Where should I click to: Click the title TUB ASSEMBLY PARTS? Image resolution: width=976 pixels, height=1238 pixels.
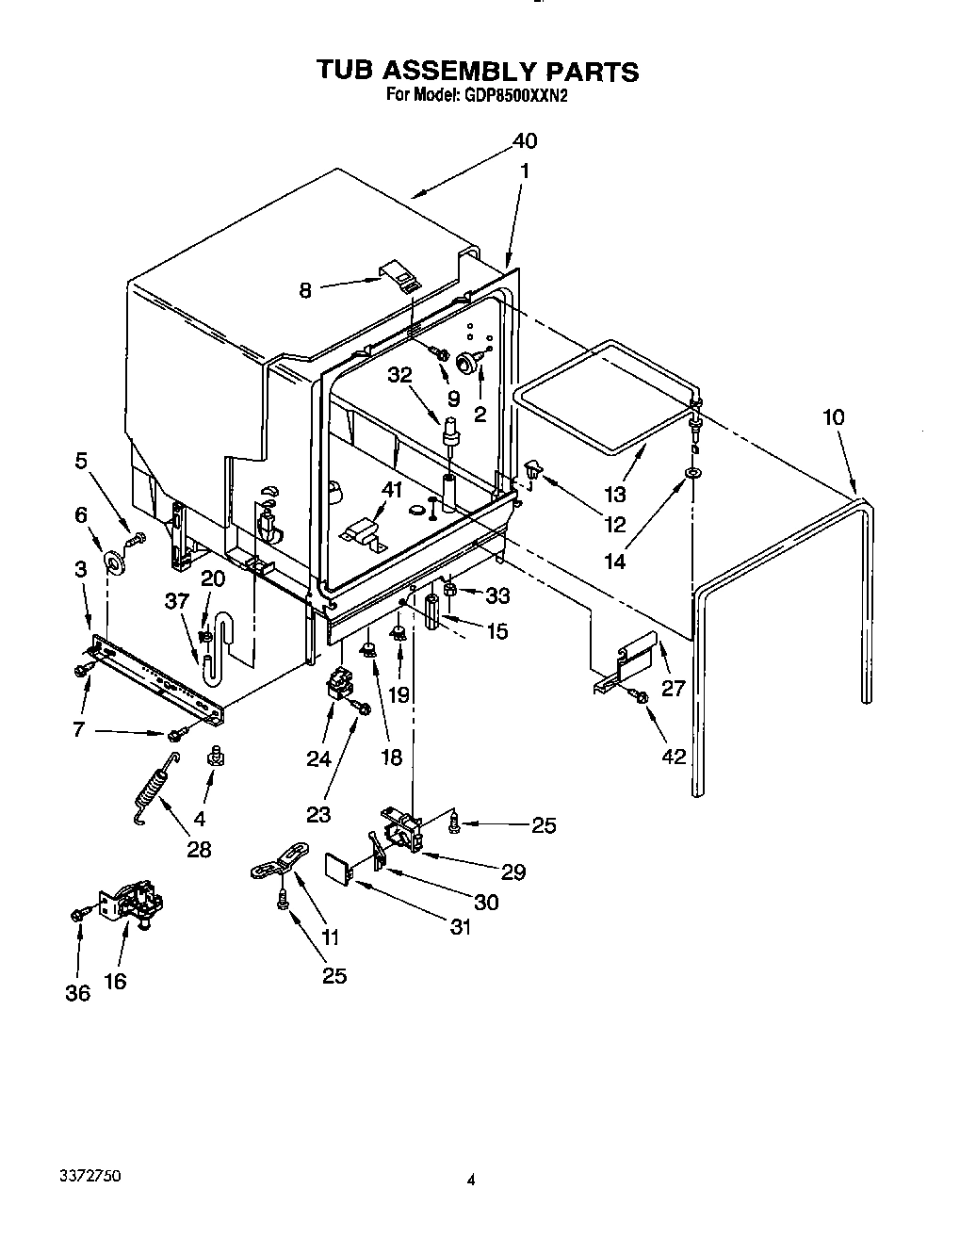(x=477, y=72)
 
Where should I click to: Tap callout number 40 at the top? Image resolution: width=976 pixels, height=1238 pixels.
(x=525, y=141)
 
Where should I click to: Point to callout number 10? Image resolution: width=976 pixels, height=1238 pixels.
(x=833, y=417)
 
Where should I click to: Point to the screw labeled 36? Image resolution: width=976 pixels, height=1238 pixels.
(x=78, y=913)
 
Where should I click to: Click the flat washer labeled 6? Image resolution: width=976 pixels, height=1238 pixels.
(x=116, y=563)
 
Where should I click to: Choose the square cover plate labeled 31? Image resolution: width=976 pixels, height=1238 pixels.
(x=338, y=867)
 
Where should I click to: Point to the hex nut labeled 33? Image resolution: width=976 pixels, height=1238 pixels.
(x=450, y=591)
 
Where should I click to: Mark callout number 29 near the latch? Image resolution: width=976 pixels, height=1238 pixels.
(x=512, y=871)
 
